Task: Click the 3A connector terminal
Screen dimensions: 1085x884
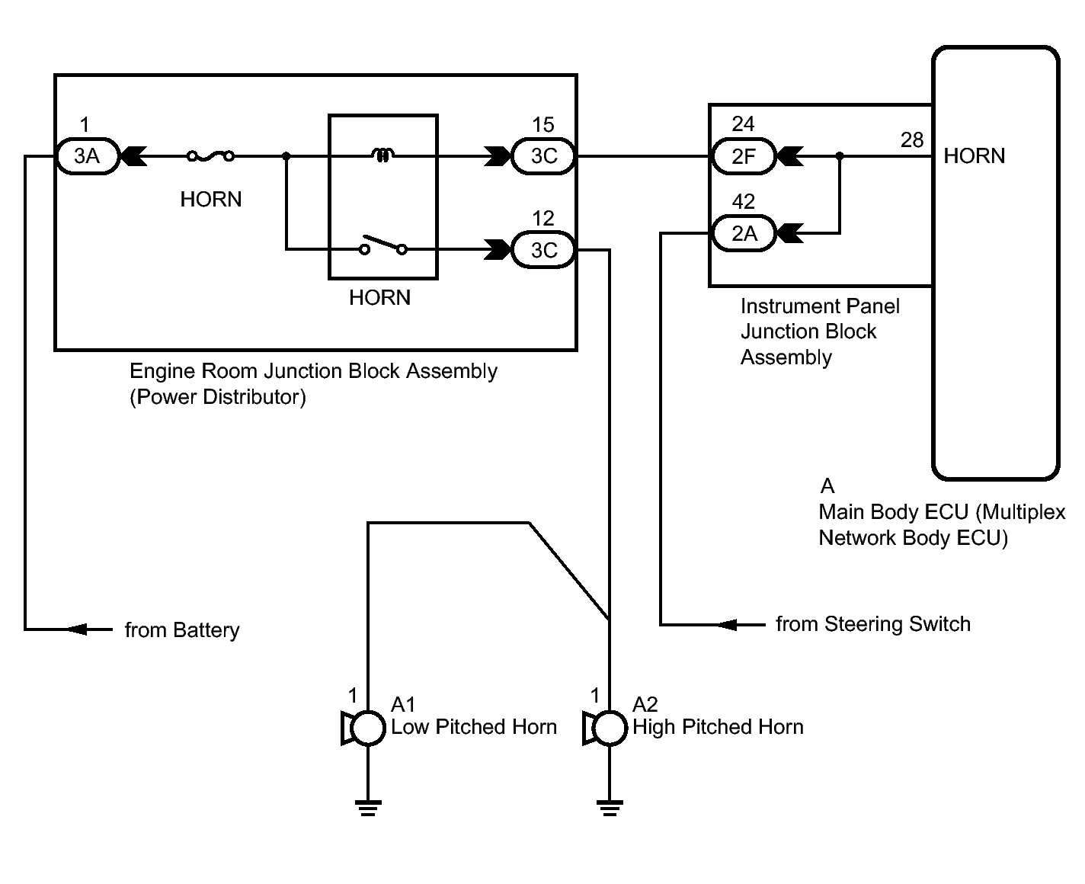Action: (87, 156)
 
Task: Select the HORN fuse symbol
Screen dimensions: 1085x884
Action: (210, 156)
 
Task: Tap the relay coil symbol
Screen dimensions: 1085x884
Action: (383, 155)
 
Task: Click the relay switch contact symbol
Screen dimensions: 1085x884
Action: (383, 245)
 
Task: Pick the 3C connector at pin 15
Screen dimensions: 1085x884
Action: (543, 156)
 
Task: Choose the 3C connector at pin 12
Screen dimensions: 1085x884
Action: (543, 250)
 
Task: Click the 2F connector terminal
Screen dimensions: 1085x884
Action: (743, 156)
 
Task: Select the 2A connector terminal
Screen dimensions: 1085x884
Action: (743, 233)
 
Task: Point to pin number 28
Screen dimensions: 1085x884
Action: (912, 140)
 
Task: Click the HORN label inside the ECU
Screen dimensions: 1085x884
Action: (974, 156)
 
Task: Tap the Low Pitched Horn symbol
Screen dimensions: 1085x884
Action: (363, 728)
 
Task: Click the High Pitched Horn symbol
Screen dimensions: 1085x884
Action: (605, 728)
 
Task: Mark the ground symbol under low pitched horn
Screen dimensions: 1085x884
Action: (368, 808)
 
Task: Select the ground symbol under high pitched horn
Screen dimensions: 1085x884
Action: (610, 808)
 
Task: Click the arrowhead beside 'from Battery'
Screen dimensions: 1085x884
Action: (78, 629)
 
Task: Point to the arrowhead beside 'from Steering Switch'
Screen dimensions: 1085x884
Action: (727, 625)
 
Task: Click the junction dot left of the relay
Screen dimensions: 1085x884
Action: (286, 156)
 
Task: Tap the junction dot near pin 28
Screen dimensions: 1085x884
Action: (840, 156)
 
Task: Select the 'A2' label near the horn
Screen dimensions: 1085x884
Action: (645, 705)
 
